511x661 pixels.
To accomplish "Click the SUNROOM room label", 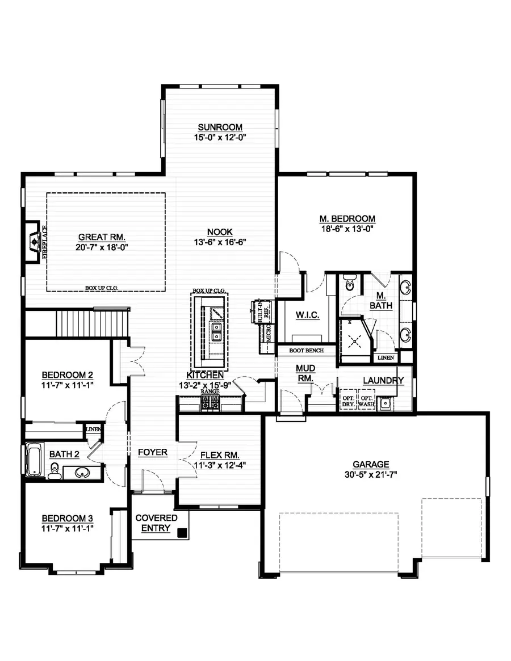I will pyautogui.click(x=220, y=127).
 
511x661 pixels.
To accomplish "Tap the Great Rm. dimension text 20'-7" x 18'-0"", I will pyautogui.click(x=102, y=247).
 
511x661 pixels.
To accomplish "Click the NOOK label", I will pyautogui.click(x=220, y=231).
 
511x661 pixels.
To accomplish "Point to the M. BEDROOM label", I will pyautogui.click(x=347, y=218).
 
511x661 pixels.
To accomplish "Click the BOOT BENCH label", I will pyautogui.click(x=306, y=351).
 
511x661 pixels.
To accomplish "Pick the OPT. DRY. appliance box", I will pyautogui.click(x=347, y=401).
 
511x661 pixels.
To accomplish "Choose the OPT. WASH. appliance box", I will pyautogui.click(x=366, y=401).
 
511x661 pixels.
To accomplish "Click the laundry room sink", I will pyautogui.click(x=386, y=403).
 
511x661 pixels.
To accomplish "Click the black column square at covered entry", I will pyautogui.click(x=182, y=533).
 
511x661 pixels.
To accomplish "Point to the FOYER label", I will pyautogui.click(x=153, y=452).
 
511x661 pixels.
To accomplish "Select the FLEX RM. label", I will pyautogui.click(x=220, y=455).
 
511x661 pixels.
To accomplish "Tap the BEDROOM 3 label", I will pyautogui.click(x=68, y=518).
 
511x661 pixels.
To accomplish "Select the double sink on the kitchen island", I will pyautogui.click(x=216, y=332).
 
